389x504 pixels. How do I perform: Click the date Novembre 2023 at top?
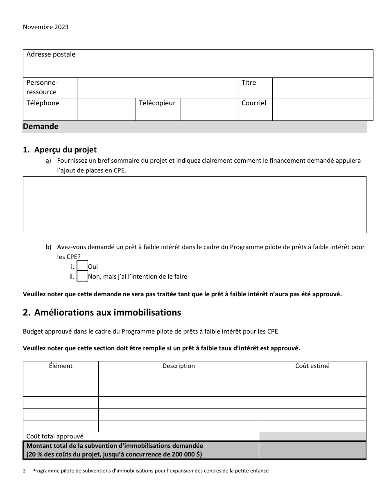tap(45, 27)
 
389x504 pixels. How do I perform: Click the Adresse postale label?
tap(51, 54)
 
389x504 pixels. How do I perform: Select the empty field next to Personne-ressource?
tap(157, 88)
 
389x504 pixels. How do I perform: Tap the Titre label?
tap(249, 83)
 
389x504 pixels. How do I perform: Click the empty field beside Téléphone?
tap(106, 109)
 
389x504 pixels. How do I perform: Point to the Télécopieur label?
tap(157, 103)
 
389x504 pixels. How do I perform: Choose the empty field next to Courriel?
tap(322, 109)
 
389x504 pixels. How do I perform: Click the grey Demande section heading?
tap(41, 127)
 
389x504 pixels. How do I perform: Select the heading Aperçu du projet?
tap(65, 150)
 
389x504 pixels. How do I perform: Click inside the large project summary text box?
tap(194, 204)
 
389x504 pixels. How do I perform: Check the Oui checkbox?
tap(82, 266)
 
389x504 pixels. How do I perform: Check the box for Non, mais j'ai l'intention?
tap(82, 276)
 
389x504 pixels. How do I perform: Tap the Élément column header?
tap(61, 366)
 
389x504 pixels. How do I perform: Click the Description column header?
tap(179, 366)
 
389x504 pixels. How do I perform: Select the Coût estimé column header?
tap(312, 366)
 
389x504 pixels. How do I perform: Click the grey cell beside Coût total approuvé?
tap(312, 436)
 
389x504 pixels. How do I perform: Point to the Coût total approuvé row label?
tap(55, 436)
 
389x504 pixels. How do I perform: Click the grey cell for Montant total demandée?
tap(312, 450)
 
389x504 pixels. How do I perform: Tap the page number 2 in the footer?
tap(25, 471)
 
